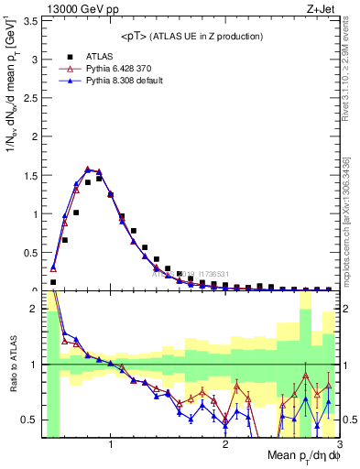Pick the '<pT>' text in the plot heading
coord(135,36)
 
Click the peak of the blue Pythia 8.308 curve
coord(88,169)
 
